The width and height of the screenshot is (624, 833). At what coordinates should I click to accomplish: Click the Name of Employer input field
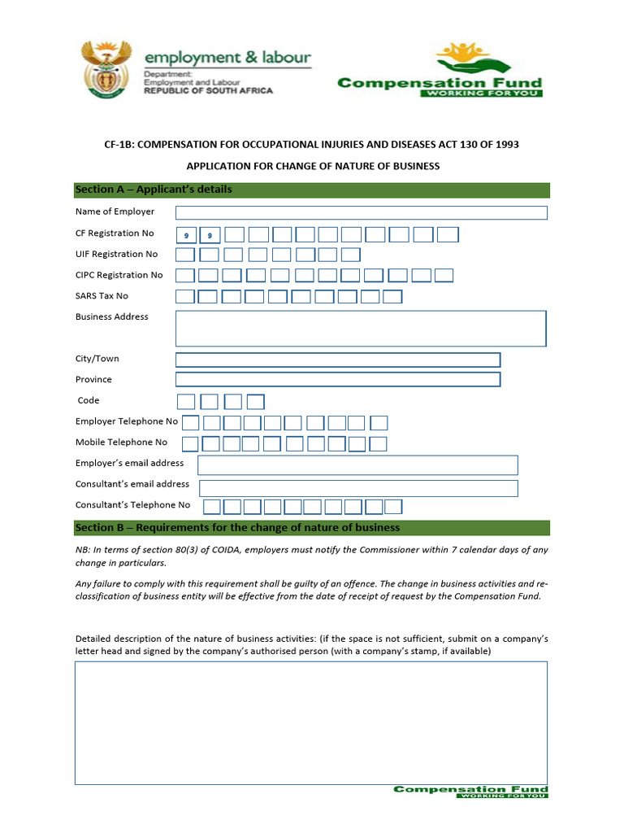point(361,212)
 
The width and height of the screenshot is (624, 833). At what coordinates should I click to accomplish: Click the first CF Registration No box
point(187,235)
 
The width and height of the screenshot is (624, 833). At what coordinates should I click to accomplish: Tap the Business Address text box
point(361,328)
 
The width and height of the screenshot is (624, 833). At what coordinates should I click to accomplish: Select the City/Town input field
point(337,360)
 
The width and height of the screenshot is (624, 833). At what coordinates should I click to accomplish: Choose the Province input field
point(337,379)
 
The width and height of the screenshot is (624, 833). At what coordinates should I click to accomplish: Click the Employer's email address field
point(357,464)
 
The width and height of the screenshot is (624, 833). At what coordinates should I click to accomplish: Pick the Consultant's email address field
point(358,488)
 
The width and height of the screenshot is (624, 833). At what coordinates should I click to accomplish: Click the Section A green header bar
point(312,190)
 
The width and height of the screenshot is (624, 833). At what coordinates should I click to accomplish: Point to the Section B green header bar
point(312,528)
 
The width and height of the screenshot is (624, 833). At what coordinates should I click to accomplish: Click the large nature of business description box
point(311,722)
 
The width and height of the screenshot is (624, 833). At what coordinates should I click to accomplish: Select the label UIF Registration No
point(116,255)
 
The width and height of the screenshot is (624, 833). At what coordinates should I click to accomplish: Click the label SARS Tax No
point(102,296)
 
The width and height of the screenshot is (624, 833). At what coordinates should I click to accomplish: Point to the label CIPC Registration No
point(119,275)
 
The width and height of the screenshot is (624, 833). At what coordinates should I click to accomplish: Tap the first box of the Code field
point(186,401)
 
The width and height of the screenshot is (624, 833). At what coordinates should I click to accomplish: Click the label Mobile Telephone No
point(121,443)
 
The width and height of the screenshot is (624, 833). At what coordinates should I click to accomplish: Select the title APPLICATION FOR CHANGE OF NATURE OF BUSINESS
point(313,167)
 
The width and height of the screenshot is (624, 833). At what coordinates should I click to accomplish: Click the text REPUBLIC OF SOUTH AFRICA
point(209,91)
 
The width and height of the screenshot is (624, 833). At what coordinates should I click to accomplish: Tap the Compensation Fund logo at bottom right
point(470,791)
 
